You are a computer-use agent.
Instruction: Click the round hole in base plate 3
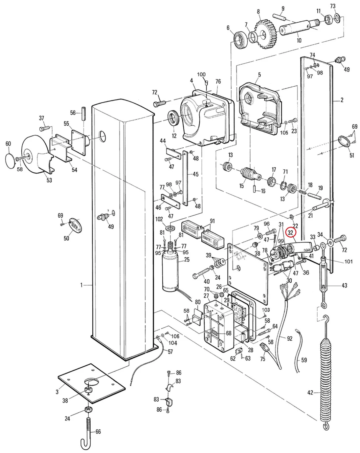click(x=92, y=382)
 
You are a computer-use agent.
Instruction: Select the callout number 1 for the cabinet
click(x=81, y=285)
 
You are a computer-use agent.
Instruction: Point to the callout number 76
click(x=218, y=81)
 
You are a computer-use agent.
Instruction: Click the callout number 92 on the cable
click(x=289, y=338)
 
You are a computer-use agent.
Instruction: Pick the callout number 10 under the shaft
click(x=299, y=40)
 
